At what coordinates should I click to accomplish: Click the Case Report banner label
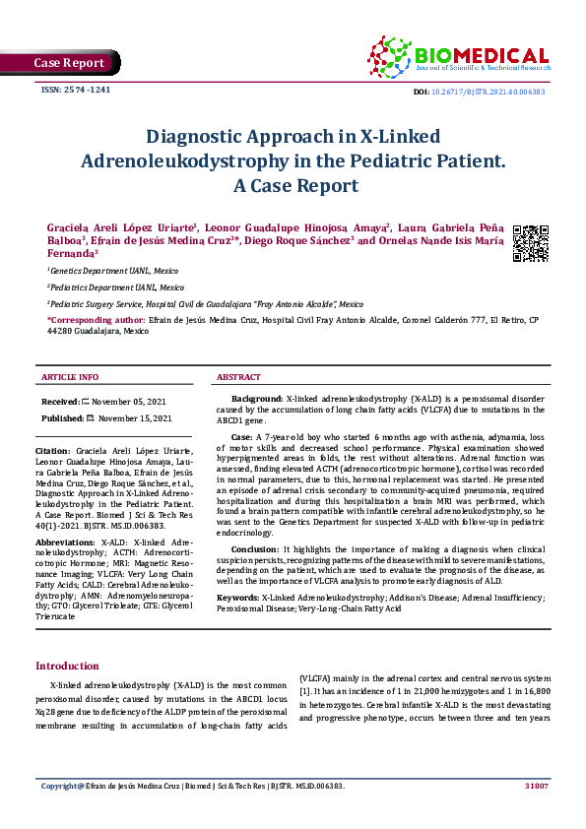click(x=69, y=63)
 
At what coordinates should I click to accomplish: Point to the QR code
click(x=531, y=243)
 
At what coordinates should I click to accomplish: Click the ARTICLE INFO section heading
click(x=70, y=377)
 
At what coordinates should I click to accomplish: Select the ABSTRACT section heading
click(x=238, y=377)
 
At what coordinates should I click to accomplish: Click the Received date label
click(x=61, y=402)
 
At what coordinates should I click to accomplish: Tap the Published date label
click(x=63, y=417)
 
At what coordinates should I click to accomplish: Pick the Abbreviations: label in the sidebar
click(x=66, y=542)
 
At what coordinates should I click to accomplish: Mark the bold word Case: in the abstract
click(x=242, y=435)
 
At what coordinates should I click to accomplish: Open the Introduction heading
click(x=67, y=666)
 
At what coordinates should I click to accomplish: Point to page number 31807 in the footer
click(x=536, y=786)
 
